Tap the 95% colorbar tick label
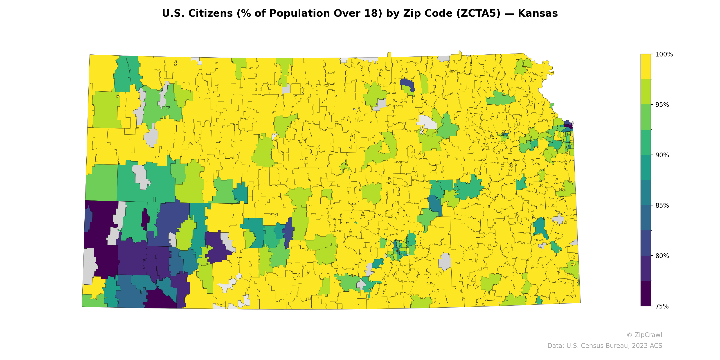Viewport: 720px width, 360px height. click(662, 105)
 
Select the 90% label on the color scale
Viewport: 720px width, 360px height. click(662, 155)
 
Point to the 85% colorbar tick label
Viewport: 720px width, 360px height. click(662, 205)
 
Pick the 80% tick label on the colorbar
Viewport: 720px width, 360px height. click(662, 256)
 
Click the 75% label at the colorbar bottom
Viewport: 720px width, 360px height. click(662, 306)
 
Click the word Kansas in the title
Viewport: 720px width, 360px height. click(538, 13)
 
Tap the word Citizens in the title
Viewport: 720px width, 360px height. click(210, 13)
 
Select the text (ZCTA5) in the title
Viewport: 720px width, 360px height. click(478, 13)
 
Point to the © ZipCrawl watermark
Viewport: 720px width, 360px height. click(644, 335)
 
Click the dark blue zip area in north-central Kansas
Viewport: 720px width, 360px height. click(407, 83)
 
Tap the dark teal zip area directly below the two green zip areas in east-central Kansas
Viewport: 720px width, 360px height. click(435, 205)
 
